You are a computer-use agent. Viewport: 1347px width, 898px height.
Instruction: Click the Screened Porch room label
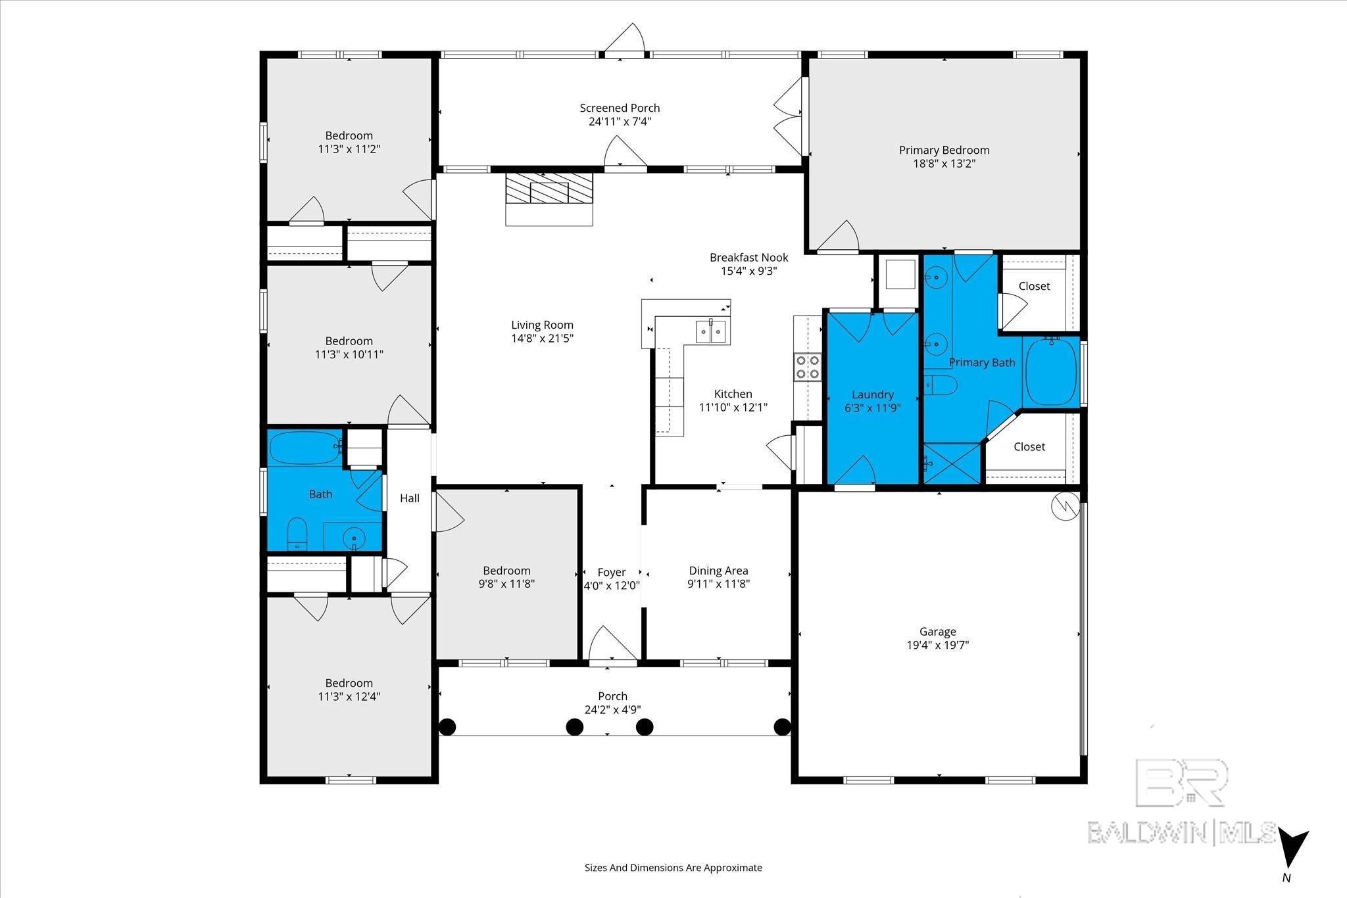pyautogui.click(x=620, y=108)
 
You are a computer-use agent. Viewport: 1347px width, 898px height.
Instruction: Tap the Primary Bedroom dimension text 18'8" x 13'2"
pyautogui.click(x=944, y=164)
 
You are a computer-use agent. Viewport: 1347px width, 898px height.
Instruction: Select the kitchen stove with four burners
pyautogui.click(x=808, y=367)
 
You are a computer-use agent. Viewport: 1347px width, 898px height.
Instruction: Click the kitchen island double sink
pyautogui.click(x=711, y=331)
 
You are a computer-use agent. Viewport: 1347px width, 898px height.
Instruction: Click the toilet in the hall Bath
pyautogui.click(x=298, y=534)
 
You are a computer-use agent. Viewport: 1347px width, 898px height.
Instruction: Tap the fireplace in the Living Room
pyautogui.click(x=549, y=199)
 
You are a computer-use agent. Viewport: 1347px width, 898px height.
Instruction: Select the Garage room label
pyautogui.click(x=937, y=631)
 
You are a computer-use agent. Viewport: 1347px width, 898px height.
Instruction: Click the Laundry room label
pyautogui.click(x=872, y=394)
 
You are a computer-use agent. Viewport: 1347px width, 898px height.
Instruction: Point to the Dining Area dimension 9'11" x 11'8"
pyautogui.click(x=718, y=584)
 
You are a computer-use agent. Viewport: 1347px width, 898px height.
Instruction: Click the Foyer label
pyautogui.click(x=611, y=572)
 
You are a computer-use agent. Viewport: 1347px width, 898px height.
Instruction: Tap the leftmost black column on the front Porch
pyautogui.click(x=447, y=726)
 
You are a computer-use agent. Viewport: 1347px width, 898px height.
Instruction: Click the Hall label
pyautogui.click(x=410, y=498)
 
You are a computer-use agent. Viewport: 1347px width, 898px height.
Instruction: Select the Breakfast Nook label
pyautogui.click(x=748, y=257)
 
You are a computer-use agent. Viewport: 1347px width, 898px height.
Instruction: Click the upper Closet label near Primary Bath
pyautogui.click(x=1034, y=286)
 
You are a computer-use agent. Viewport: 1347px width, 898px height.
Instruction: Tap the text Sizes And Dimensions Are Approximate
pyautogui.click(x=673, y=868)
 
